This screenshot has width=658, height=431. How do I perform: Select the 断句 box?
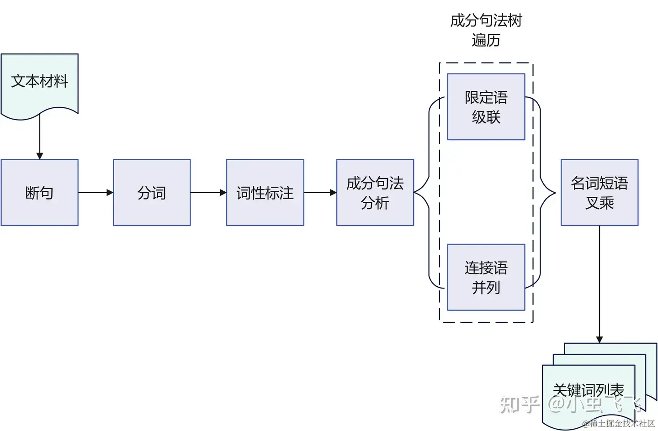pos(40,193)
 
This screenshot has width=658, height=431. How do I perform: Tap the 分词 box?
pos(152,193)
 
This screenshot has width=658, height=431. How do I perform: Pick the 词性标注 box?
pos(265,193)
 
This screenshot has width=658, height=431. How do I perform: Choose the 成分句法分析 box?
pos(375,193)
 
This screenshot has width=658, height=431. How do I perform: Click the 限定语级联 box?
pos(486,107)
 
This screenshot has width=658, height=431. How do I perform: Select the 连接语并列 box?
pos(486,277)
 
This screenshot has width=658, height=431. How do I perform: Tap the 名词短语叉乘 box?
pos(600,193)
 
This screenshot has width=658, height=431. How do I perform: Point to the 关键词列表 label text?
pos(588,389)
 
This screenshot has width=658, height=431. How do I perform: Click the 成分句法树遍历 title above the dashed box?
pos(486,30)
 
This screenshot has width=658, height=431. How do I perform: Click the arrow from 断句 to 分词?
pos(95,193)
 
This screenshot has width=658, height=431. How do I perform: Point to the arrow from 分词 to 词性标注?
pos(208,193)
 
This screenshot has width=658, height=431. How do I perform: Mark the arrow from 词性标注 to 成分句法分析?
pos(320,193)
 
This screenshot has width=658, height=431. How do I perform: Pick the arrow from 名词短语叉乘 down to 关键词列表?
pos(600,283)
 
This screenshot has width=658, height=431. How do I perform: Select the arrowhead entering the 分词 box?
pos(110,193)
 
